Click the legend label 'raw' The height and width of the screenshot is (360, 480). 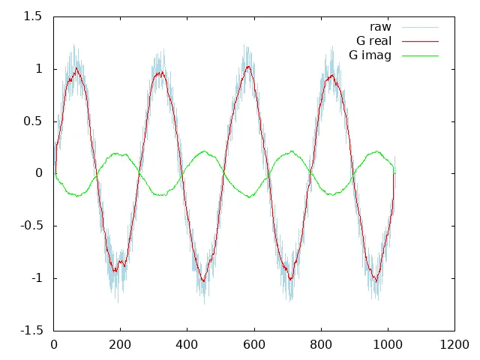coord(380,28)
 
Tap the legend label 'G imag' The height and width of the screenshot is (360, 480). coord(370,55)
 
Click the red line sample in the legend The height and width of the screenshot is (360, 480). coord(420,41)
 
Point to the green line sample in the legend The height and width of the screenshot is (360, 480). coord(420,55)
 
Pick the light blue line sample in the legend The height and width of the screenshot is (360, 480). coord(420,28)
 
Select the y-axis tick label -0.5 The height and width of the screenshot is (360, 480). coord(29,226)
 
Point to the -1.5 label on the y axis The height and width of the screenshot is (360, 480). coord(29,331)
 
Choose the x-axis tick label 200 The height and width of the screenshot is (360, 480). coord(121,345)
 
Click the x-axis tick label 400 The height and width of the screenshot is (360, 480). coord(187,345)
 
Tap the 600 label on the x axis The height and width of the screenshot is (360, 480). coord(254,345)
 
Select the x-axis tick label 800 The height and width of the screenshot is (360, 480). coord(321,345)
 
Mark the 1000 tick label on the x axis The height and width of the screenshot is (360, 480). coord(388,345)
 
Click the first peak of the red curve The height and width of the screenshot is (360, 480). coord(76,68)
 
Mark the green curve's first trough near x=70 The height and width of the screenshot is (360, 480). coord(77,196)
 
